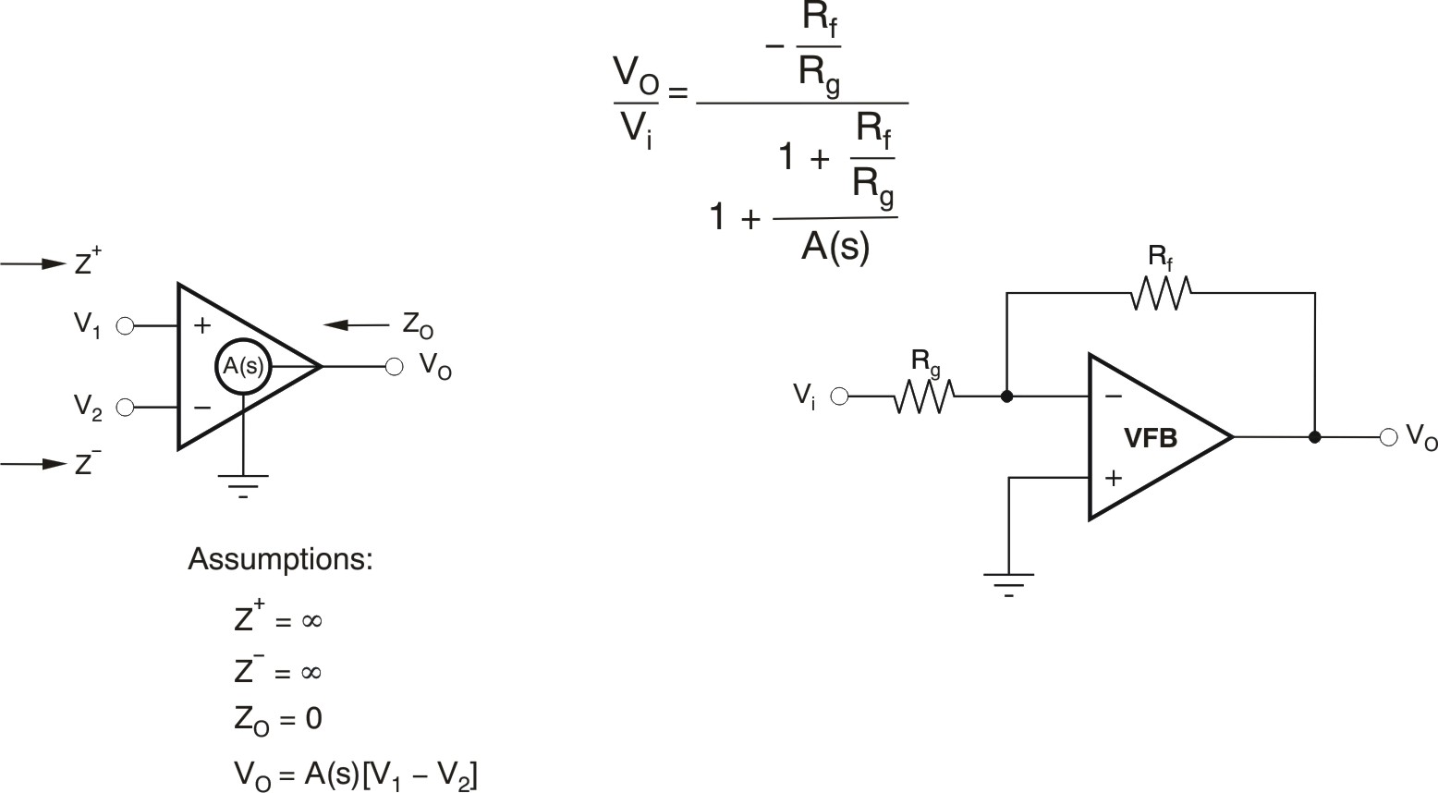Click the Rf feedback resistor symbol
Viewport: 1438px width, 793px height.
1160,293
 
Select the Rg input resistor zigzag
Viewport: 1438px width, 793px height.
923,396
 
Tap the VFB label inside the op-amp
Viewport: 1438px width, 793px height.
1150,438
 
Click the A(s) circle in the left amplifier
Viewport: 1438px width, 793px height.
243,366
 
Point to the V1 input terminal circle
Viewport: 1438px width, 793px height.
126,325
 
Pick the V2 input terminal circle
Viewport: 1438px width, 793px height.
126,407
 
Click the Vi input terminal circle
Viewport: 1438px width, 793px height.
839,396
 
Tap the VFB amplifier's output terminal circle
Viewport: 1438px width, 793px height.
1388,437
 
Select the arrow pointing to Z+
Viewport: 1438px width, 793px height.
34,264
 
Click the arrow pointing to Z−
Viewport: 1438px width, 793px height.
34,463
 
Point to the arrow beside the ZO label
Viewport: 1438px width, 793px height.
356,324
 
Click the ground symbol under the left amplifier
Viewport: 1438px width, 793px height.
243,483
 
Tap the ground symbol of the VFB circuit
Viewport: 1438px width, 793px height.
1008,582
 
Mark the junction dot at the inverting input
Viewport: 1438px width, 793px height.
1007,396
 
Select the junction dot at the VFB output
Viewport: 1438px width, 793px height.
1314,437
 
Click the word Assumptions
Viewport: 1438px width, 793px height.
280,559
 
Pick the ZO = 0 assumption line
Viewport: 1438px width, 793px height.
278,719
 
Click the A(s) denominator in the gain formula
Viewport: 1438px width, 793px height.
835,247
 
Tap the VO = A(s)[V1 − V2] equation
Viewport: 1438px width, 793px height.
356,773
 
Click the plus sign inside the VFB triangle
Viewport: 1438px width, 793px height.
1114,478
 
